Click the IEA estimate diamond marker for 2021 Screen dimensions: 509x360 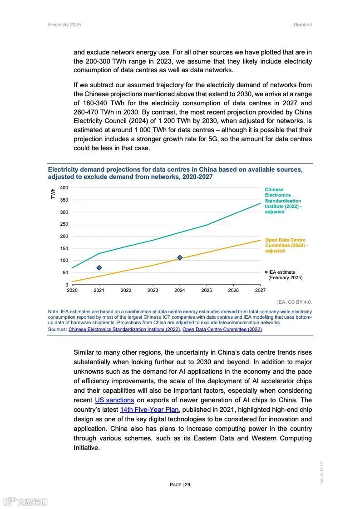pos(99,268)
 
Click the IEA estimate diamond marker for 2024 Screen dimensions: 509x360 pos(180,257)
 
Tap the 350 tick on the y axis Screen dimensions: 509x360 pos(64,200)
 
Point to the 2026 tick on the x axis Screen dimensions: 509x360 pos(233,290)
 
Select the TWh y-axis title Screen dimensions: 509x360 pos(53,194)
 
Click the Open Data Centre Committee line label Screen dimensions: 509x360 pos(286,245)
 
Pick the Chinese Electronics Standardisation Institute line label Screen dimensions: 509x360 pos(283,201)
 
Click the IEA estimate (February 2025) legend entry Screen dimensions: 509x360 pos(285,275)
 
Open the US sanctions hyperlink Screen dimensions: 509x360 pos(114,400)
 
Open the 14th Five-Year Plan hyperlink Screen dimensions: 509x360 pos(149,410)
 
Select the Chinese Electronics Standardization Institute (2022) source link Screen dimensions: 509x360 pos(124,329)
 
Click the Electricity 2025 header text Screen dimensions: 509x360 pos(64,25)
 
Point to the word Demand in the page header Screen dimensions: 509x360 pos(303,25)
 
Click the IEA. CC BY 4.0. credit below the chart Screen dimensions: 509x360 pos(295,302)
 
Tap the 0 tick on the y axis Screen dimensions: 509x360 pos(67,285)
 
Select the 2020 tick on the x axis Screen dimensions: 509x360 pos(72,290)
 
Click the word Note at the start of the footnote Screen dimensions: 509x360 pos(53,311)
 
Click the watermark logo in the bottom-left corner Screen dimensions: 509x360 pos(25,501)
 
